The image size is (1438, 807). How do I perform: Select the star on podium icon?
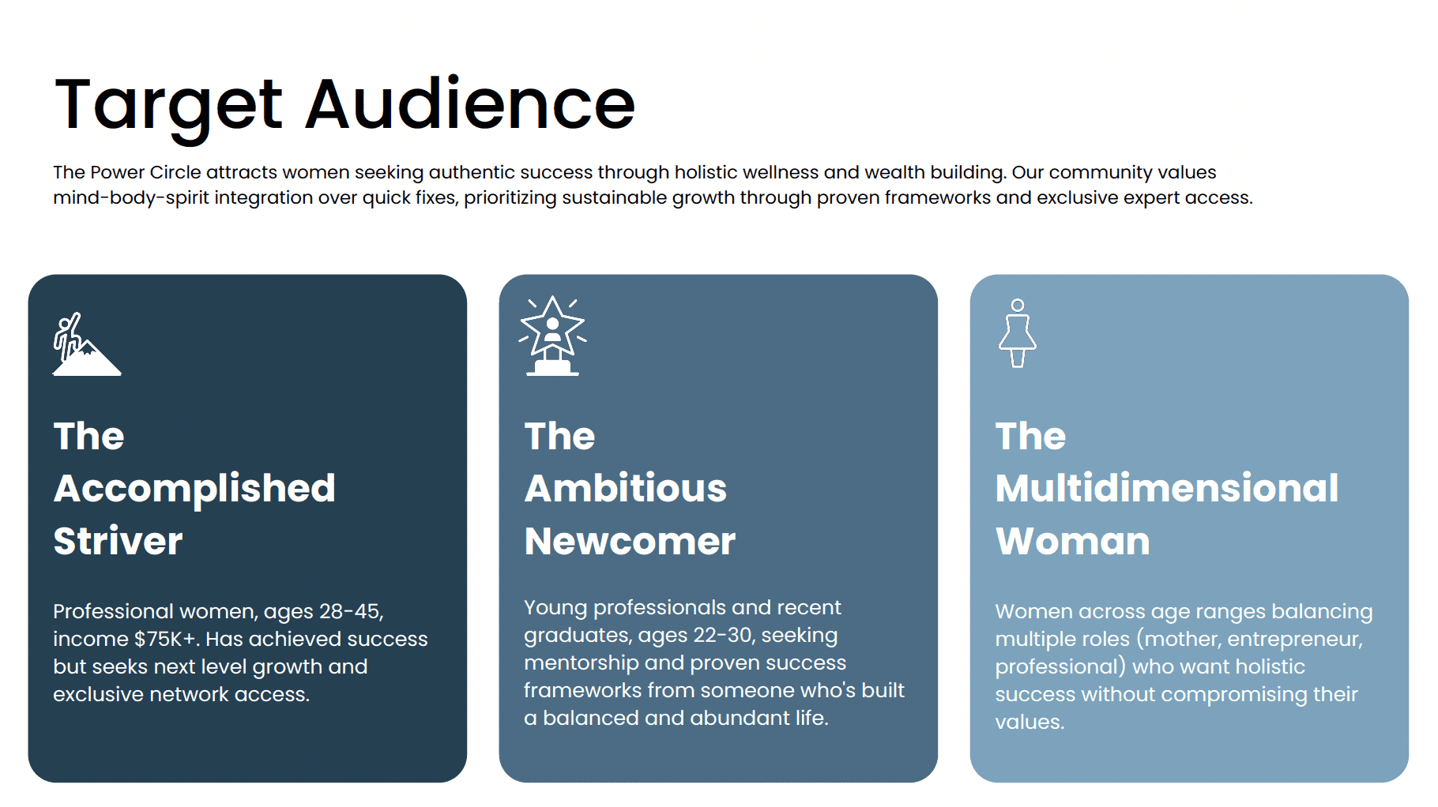click(x=552, y=336)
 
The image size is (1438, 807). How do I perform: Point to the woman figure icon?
click(x=1018, y=332)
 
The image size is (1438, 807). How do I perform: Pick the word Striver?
click(x=119, y=541)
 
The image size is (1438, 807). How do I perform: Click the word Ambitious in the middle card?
click(x=626, y=488)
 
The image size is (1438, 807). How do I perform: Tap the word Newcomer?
click(x=631, y=541)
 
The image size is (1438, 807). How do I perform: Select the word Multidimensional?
click(x=1167, y=488)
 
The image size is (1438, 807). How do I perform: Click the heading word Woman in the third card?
click(x=1073, y=541)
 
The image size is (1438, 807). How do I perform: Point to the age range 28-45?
click(x=351, y=611)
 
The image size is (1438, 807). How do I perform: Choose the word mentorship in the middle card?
click(x=582, y=663)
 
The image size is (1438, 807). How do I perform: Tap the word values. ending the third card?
click(x=1030, y=722)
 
